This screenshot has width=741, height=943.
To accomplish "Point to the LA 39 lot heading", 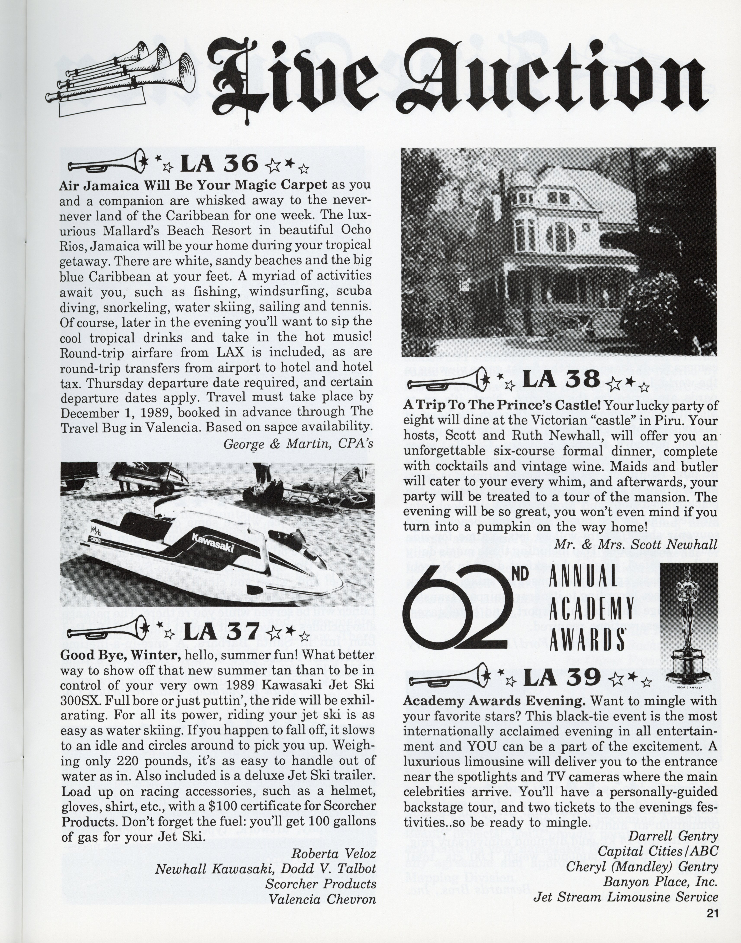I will point(562,678).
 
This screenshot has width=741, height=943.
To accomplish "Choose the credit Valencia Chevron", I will point(322,899).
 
